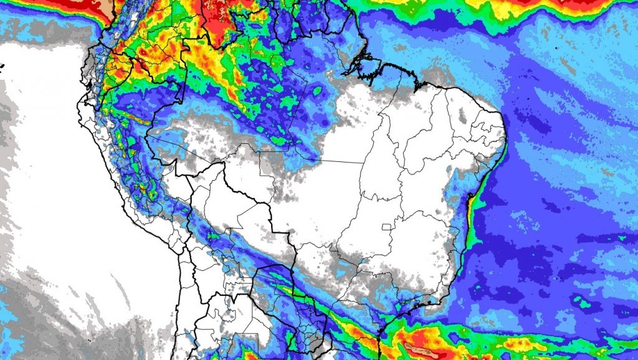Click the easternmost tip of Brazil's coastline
click(505, 125)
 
